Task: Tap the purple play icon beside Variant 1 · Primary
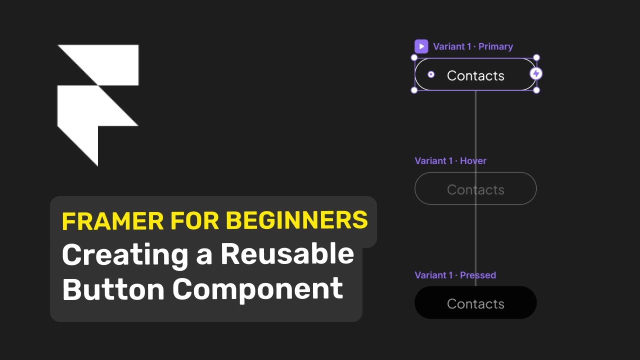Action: [x=421, y=46]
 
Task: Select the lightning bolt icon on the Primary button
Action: [x=536, y=74]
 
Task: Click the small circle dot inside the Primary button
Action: [x=431, y=75]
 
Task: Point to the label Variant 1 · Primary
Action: [x=473, y=46]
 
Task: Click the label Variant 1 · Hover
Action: [x=450, y=160]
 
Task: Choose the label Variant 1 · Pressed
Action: [x=455, y=275]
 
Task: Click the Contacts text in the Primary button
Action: [x=475, y=75]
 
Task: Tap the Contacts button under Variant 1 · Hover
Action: [x=475, y=189]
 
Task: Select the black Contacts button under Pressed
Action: [x=475, y=303]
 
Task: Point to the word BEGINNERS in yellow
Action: [x=296, y=221]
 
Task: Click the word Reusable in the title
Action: [x=287, y=254]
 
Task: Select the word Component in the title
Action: [x=258, y=288]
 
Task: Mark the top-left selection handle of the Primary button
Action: [x=414, y=58]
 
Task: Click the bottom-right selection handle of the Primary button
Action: [x=536, y=90]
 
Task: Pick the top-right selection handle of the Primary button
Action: [x=536, y=58]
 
